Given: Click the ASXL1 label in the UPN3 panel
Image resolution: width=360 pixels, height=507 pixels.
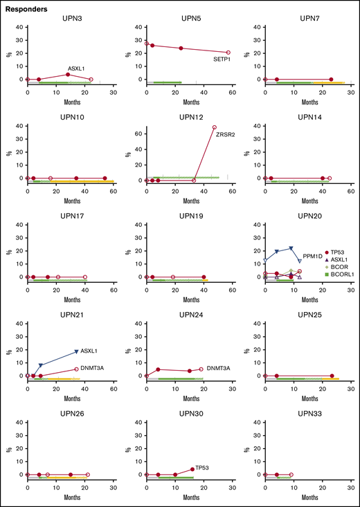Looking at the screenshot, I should [76, 68].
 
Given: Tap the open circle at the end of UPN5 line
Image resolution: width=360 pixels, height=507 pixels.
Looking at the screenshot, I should [228, 53].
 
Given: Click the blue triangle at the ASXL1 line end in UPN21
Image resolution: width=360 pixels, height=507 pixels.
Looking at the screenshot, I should [76, 352].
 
